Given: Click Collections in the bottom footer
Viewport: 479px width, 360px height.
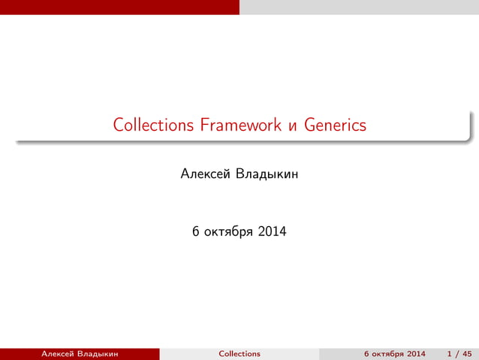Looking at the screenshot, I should (x=239, y=354).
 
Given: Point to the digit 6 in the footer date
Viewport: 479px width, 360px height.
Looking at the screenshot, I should (x=366, y=354).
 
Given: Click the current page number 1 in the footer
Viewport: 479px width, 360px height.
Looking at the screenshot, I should (x=448, y=354).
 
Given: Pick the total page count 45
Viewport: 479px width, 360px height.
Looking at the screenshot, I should (x=467, y=354).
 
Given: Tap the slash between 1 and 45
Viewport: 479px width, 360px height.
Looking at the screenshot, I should (x=456, y=354).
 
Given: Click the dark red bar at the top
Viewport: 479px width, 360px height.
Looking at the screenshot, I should (x=120, y=7).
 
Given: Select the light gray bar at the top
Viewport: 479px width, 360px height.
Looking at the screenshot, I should (x=359, y=7).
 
